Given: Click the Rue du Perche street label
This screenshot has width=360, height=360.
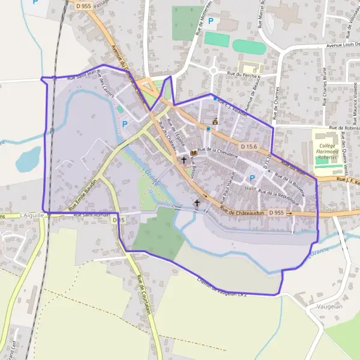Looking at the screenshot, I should coord(243,76).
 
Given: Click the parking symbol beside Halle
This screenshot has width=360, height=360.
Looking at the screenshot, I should coord(252,178).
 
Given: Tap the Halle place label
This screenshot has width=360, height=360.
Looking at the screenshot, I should coord(251,188).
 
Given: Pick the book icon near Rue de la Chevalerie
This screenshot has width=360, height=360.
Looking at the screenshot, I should coord(193,153).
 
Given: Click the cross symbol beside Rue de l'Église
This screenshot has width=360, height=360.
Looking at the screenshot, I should coord(184,160).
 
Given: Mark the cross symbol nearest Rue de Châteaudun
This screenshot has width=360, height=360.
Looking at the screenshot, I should coord(197,204).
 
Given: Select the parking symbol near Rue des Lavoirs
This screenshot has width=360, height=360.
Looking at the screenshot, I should coord(125,124).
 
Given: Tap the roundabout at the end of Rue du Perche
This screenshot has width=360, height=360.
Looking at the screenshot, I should coord(214,71).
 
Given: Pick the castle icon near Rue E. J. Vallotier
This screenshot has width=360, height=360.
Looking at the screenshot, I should coord(215,121).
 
